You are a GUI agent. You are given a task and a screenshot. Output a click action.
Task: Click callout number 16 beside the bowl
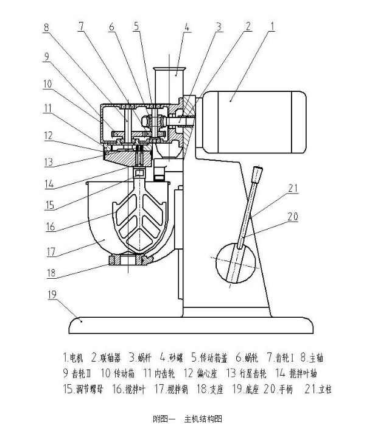pos(51,226)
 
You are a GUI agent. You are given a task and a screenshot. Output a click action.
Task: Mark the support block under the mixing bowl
pos(128,261)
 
